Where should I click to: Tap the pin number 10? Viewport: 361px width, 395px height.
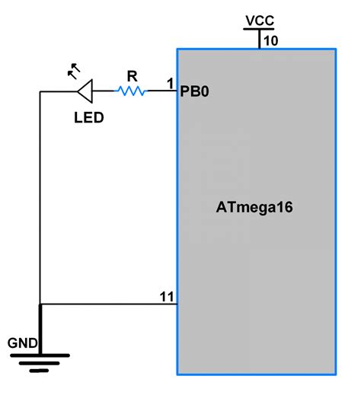point(271,40)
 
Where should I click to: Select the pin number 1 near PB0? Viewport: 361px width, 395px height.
point(171,82)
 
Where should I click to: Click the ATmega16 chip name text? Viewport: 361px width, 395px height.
point(255,207)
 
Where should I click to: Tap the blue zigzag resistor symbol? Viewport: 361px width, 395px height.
point(130,91)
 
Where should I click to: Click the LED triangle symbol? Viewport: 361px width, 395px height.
point(84,91)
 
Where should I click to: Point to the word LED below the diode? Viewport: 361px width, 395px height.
point(88,118)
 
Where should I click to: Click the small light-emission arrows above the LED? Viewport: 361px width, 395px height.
point(73,70)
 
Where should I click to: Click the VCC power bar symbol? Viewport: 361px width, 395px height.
point(259,30)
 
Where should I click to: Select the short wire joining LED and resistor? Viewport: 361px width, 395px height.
point(104,91)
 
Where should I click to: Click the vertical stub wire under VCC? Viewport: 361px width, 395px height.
point(259,40)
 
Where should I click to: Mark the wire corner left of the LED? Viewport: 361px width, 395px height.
point(40,92)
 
